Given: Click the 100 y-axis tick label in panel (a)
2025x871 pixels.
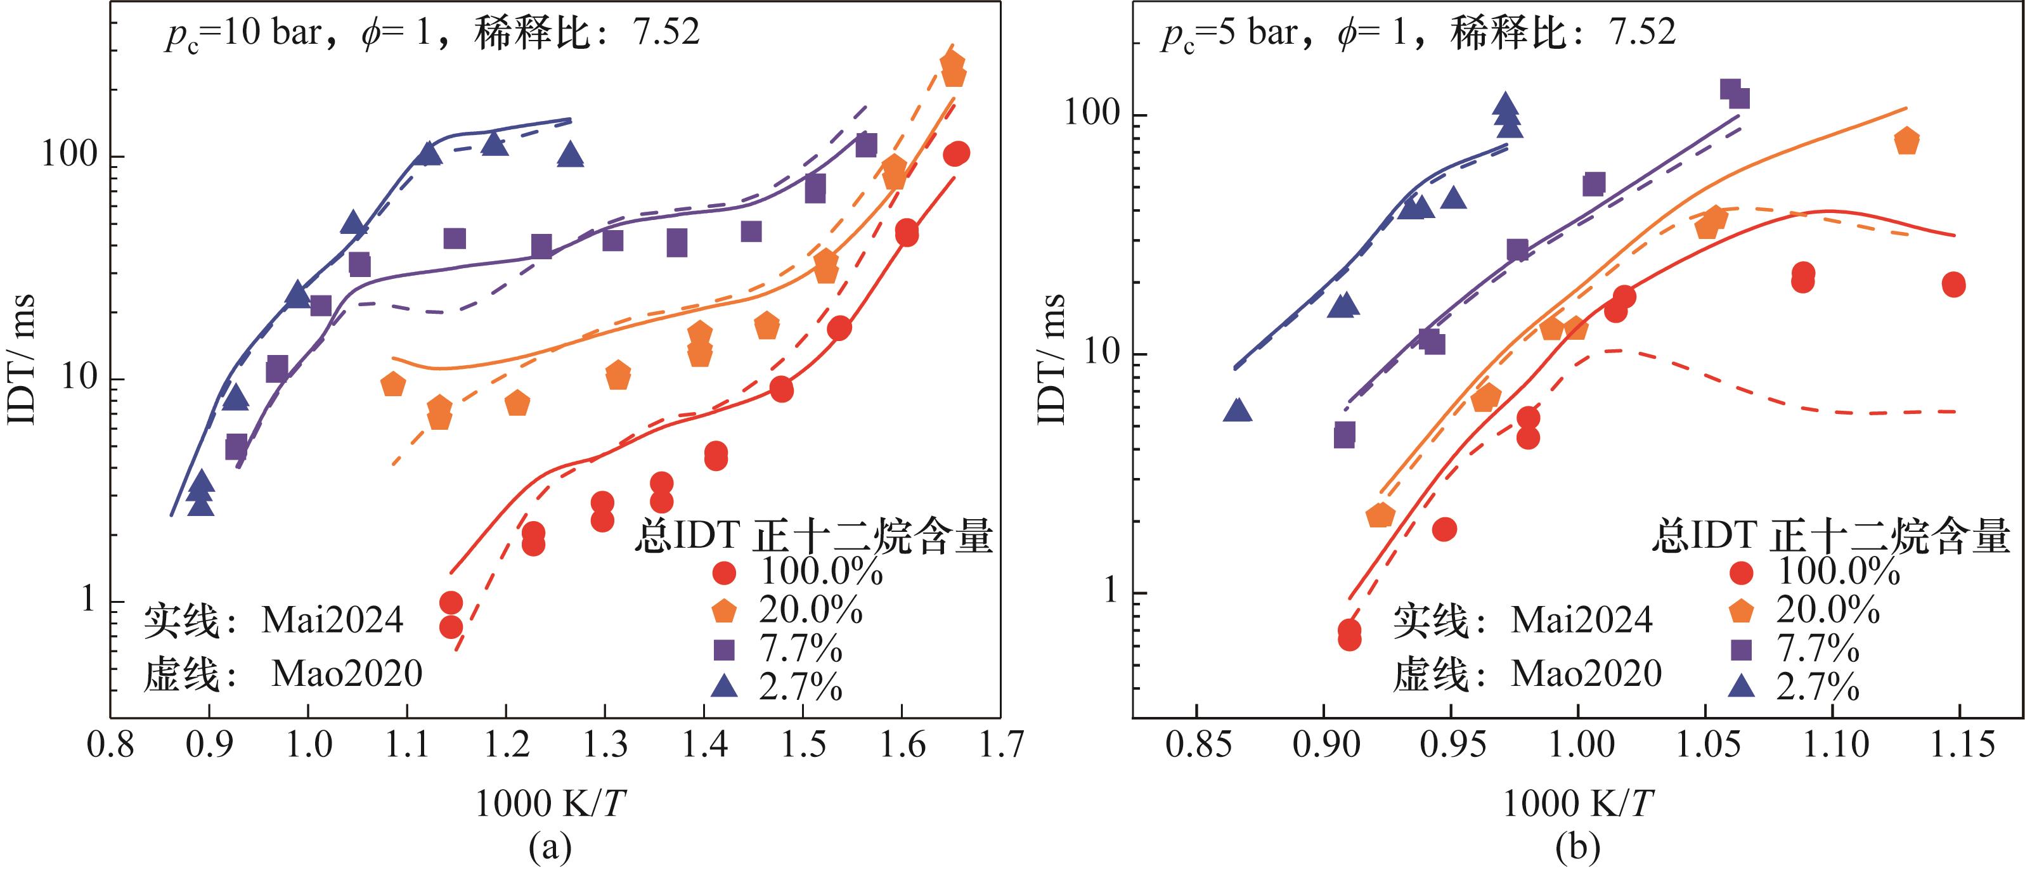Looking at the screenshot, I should pos(69,154).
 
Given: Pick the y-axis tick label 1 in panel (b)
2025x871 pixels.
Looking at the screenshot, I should pos(1110,591).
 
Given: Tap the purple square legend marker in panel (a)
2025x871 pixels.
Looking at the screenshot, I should pos(723,649).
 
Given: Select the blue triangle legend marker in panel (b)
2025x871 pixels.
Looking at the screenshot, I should pos(1743,687).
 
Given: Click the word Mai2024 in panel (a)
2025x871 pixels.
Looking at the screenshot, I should pos(332,620).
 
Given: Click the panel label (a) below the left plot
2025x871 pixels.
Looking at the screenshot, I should pos(550,848).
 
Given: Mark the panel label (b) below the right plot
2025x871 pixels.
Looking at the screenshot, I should pos(1577,848).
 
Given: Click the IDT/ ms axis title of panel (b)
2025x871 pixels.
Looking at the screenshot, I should pos(1051,360).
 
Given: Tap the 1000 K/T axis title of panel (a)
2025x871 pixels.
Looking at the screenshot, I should pos(550,803).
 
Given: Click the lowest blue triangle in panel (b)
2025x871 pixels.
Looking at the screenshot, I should pos(1238,410).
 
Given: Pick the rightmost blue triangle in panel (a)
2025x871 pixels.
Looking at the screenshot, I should pos(571,155).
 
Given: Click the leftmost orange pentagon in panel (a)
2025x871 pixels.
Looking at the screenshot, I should pos(393,384).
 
